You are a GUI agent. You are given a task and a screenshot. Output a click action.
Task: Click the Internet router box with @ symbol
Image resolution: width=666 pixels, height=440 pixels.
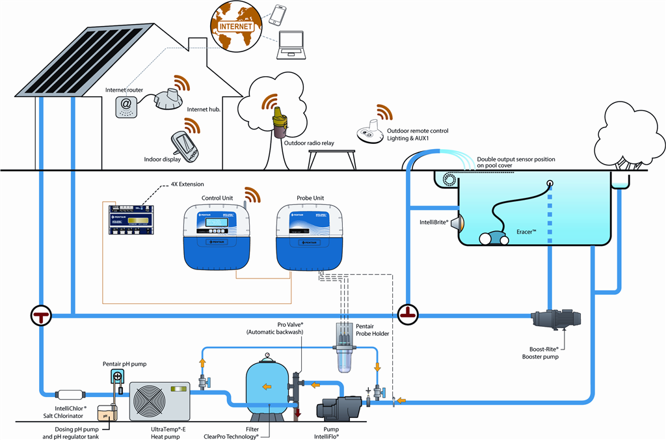(127, 105)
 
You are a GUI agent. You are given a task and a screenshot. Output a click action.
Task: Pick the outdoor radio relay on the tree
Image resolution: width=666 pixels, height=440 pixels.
(279, 122)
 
